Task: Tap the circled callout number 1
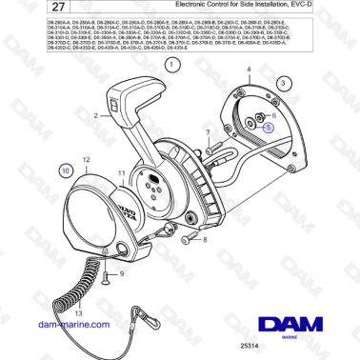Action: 172,66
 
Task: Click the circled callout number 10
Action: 66,170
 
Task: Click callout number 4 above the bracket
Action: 250,70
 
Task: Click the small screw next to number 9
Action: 108,273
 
